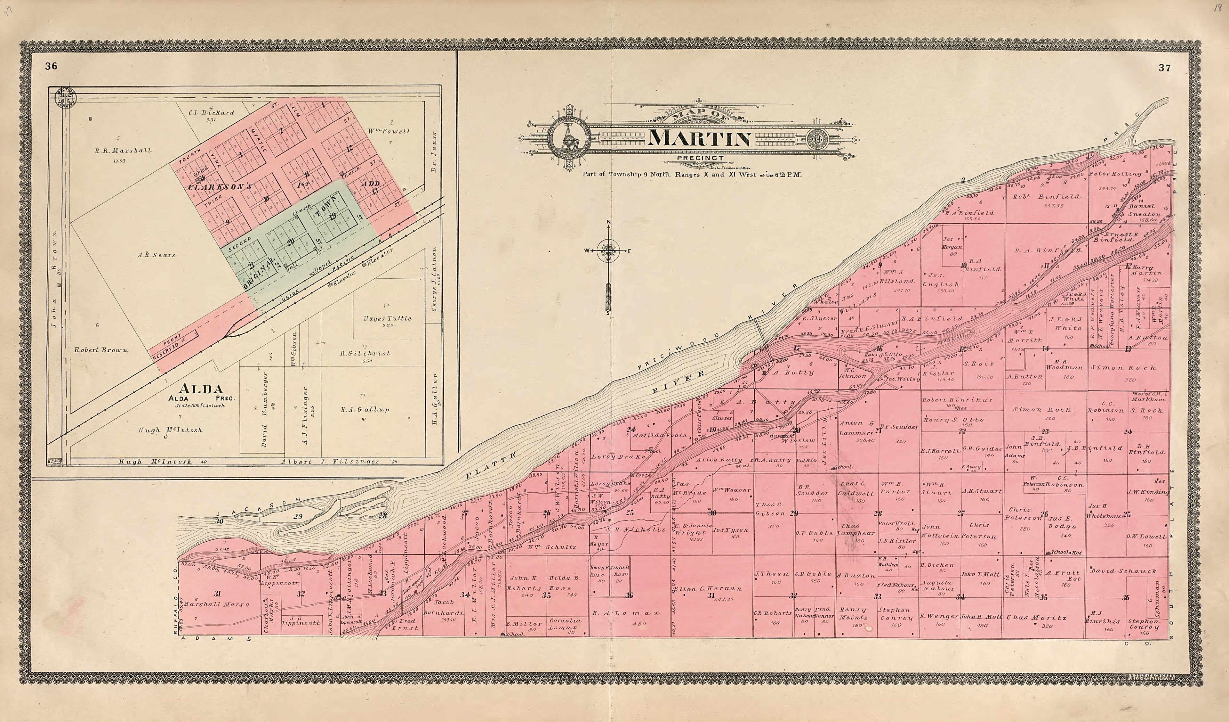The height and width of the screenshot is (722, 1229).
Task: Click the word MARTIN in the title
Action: pyautogui.click(x=699, y=139)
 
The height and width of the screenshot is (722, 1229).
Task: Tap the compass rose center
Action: pyautogui.click(x=608, y=251)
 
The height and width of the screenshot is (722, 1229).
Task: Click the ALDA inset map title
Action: pyautogui.click(x=201, y=389)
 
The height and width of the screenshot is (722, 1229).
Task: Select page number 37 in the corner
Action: pyautogui.click(x=1164, y=68)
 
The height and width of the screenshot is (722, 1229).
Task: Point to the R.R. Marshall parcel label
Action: pyautogui.click(x=123, y=150)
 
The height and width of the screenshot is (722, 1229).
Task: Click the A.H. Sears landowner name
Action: pyautogui.click(x=156, y=255)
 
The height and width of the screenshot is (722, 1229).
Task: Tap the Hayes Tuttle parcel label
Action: pyautogui.click(x=387, y=318)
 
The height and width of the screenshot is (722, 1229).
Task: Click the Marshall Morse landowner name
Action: pyautogui.click(x=217, y=604)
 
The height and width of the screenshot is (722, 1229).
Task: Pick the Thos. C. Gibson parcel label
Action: pyautogui.click(x=769, y=509)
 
